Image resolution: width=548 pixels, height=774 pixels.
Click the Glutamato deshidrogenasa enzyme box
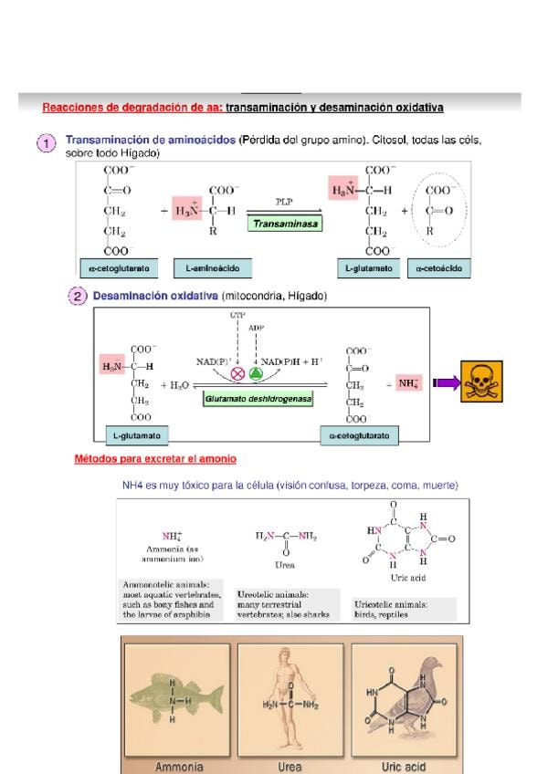coord(258,399)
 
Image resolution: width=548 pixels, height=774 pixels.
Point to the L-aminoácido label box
coord(212,268)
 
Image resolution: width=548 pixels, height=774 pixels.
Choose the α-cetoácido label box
coord(439,268)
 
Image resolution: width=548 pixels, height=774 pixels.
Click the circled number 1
coord(47,144)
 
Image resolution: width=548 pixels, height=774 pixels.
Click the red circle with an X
coord(238,373)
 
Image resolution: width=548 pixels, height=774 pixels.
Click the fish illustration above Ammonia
coord(175,700)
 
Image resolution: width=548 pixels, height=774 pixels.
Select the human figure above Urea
coord(290,697)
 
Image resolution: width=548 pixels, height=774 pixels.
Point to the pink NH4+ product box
coord(406,382)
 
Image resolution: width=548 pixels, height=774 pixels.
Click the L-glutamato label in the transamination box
coord(369,268)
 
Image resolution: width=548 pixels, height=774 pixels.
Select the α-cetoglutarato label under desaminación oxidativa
coord(358,436)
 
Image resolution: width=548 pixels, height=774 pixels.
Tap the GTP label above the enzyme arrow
coord(237,315)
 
